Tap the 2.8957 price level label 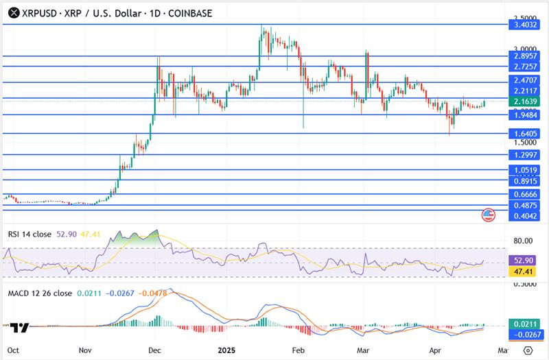click(x=525, y=56)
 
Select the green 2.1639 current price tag click(x=525, y=101)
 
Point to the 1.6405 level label click(x=525, y=134)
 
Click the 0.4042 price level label click(x=525, y=216)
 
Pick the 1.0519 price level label click(x=525, y=169)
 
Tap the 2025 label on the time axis click(x=227, y=349)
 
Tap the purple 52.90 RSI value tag click(x=525, y=261)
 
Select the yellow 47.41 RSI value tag click(x=525, y=272)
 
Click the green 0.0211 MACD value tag click(x=525, y=324)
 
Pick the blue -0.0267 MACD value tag click(x=525, y=335)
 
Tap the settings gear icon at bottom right click(x=526, y=349)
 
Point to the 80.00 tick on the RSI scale click(x=523, y=241)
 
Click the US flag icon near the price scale click(x=488, y=215)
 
